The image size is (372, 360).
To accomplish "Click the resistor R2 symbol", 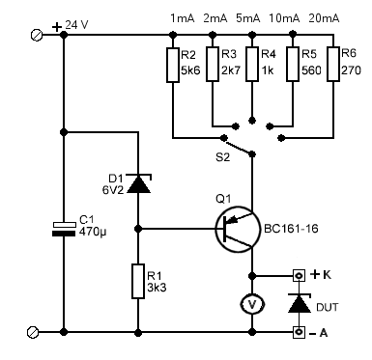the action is click(173, 65).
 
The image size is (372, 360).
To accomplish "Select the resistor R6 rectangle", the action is click(333, 64).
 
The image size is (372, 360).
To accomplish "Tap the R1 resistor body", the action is click(138, 281).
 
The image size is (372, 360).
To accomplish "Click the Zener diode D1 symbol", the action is click(138, 183).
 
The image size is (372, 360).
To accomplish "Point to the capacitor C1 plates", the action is click(64, 229).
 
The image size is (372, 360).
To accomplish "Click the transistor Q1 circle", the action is click(238, 229).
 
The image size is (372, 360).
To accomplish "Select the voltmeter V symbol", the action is click(252, 304).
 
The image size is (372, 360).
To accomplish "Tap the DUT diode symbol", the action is click(300, 303).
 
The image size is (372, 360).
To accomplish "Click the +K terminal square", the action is click(300, 275).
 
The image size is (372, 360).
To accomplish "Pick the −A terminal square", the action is click(300, 332).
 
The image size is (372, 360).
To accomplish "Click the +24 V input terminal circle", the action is click(37, 35).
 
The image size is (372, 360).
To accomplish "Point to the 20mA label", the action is click(324, 18).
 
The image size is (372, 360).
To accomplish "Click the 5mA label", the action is click(248, 18).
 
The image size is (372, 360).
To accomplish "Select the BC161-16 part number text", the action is click(291, 229).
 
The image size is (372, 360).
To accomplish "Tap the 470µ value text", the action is click(93, 233).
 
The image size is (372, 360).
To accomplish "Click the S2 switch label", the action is click(223, 157).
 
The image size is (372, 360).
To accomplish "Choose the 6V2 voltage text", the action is click(113, 190).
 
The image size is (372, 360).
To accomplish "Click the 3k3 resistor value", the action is click(157, 287).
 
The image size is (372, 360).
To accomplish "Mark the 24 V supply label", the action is click(76, 25).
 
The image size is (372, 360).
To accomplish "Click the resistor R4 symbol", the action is click(252, 64).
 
